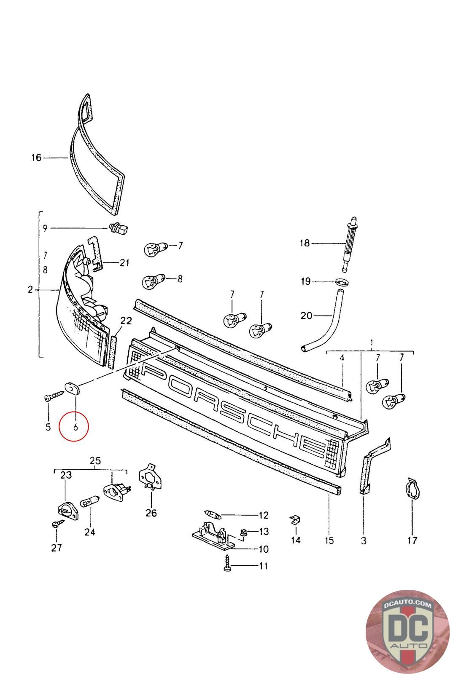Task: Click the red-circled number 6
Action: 75,427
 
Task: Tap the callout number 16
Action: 37,158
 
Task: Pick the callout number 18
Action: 304,243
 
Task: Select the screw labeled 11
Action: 228,563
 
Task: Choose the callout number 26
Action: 151,513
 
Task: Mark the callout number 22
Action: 126,321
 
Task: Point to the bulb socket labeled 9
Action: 119,229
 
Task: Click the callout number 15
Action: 329,540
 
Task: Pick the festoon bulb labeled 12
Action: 216,515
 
